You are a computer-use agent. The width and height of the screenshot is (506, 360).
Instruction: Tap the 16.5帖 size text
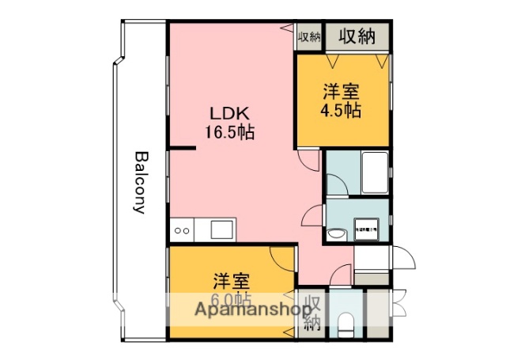tap(229, 133)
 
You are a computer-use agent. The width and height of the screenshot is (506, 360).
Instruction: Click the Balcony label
tap(140, 183)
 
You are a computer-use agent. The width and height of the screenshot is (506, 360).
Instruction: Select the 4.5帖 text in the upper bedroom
tap(340, 110)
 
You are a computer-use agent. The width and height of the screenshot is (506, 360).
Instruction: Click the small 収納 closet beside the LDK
tap(308, 36)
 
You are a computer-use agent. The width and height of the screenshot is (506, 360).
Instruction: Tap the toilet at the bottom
tap(345, 324)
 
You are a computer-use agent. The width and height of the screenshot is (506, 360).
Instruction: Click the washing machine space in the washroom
tap(368, 228)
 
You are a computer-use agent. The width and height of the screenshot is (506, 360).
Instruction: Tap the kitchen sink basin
tap(220, 230)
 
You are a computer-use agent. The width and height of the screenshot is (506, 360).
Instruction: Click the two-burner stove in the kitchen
tap(181, 231)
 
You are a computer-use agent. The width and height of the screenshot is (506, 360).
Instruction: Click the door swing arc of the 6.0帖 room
tap(280, 257)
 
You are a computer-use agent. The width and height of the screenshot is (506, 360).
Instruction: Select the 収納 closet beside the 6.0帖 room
tap(312, 312)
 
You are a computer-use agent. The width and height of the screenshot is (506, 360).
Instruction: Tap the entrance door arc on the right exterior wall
tap(400, 260)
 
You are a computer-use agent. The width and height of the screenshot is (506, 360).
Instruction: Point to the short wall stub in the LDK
tap(183, 148)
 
